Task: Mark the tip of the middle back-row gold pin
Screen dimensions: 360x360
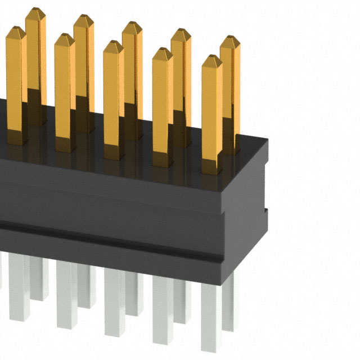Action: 132,25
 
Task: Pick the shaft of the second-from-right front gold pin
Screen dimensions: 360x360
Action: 162,107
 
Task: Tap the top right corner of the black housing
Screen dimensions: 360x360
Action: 267,139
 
